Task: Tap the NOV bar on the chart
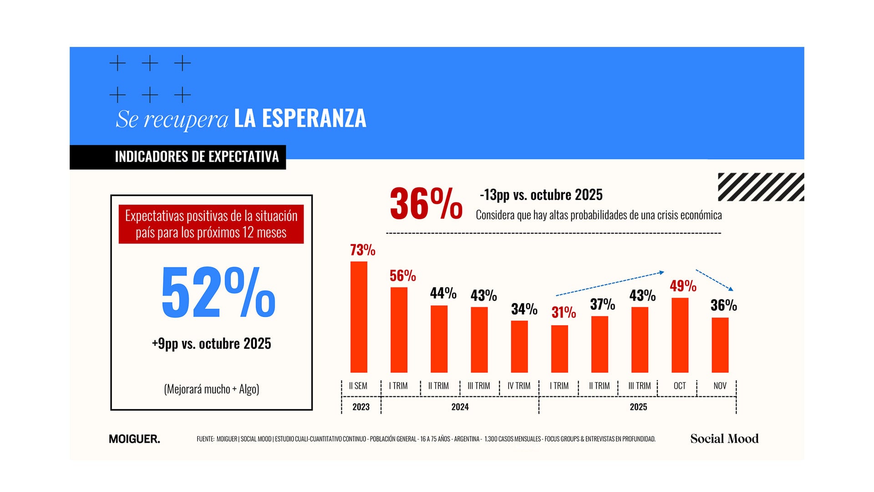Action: pos(720,345)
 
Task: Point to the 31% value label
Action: pos(564,313)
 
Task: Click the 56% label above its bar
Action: pos(402,276)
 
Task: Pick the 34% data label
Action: pos(524,309)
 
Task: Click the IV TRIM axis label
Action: pos(519,386)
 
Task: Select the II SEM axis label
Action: pos(358,386)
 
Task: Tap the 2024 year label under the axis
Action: pos(460,407)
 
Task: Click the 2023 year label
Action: pos(361,407)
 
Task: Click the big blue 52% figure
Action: pos(218,292)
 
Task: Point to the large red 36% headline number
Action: pos(426,204)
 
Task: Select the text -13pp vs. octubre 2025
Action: pos(541,195)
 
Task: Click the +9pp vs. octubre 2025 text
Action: pos(211,343)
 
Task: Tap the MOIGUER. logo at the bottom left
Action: pos(134,439)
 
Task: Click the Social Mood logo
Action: pos(724,439)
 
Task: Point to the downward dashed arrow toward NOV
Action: pos(714,280)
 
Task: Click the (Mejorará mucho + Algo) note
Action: pos(211,389)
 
